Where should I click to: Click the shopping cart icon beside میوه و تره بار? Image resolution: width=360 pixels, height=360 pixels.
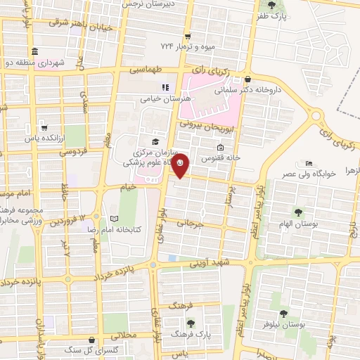(186, 37)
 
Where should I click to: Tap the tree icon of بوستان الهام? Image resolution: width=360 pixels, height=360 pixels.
(298, 211)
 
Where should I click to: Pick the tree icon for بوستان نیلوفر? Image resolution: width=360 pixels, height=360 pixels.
(283, 314)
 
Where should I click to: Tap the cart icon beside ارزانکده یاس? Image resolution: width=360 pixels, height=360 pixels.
(44, 128)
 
